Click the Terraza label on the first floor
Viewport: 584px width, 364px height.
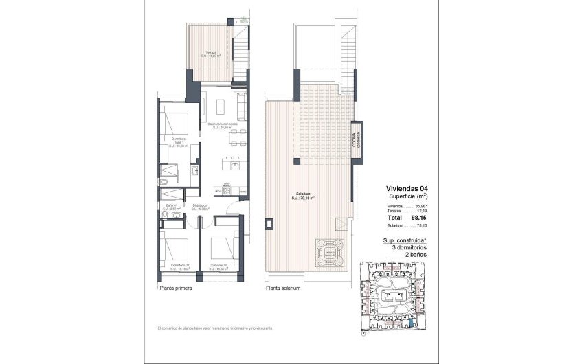(x=211, y=54)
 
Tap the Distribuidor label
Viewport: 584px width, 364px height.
(x=201, y=207)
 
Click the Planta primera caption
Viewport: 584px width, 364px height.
(x=175, y=289)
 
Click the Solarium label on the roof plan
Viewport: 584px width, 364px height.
(x=304, y=196)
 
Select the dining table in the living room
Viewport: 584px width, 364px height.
(x=238, y=137)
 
